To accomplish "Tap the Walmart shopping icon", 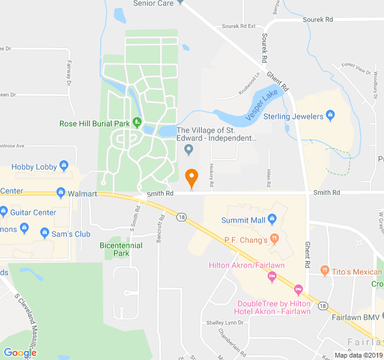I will click(61, 193).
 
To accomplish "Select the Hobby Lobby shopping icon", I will click(65, 166).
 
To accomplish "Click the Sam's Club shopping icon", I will click(45, 233).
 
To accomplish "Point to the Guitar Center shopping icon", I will click(4, 211).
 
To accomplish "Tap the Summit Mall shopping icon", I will click(272, 220).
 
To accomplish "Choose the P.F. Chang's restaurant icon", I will click(274, 239).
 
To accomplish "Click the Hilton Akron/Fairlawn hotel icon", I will click(272, 277).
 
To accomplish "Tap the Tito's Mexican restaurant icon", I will click(325, 271).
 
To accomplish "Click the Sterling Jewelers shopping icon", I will click(329, 116).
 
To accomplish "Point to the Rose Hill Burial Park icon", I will click(137, 123).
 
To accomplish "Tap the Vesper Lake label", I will click(262, 103).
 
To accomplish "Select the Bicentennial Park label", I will click(121, 249).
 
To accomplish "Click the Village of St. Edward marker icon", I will click(189, 149).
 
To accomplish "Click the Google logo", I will click(20, 353).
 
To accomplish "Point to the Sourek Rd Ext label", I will click(239, 26).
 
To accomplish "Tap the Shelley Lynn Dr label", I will click(225, 322).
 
